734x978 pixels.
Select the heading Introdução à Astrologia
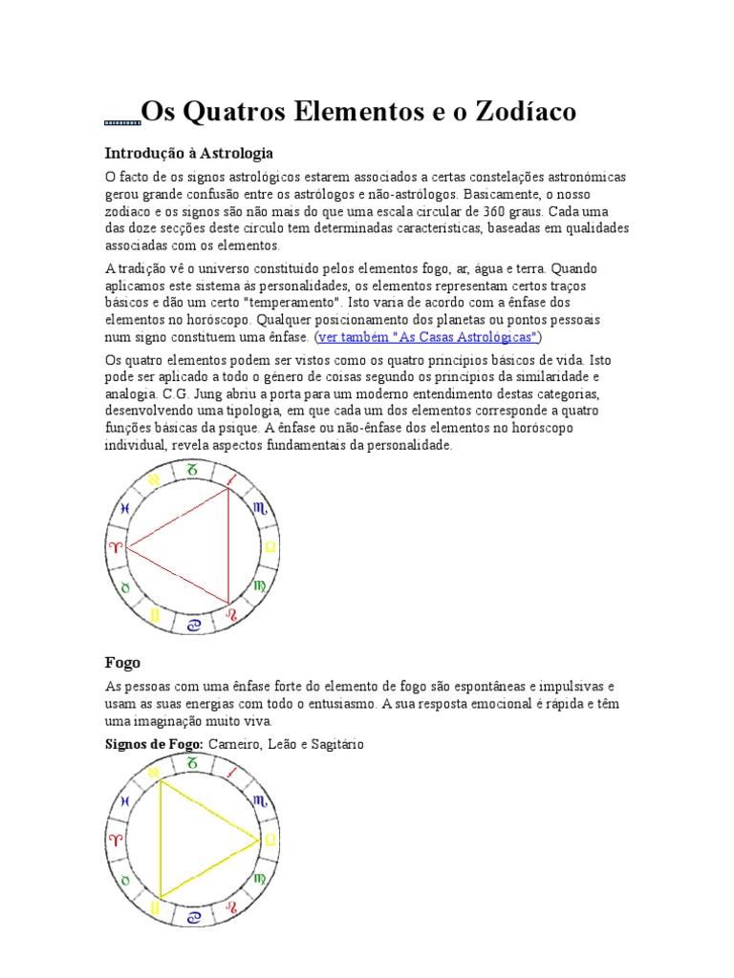pyautogui.click(x=188, y=153)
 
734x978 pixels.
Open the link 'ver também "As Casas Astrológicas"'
pyautogui.click(x=429, y=337)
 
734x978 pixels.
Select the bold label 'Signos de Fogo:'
pyautogui.click(x=153, y=744)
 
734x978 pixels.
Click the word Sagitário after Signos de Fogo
pyautogui.click(x=331, y=744)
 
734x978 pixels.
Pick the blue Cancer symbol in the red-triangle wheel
pyautogui.click(x=195, y=626)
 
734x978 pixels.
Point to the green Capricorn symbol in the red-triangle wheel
pyautogui.click(x=193, y=469)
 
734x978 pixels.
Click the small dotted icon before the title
pyautogui.click(x=121, y=123)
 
